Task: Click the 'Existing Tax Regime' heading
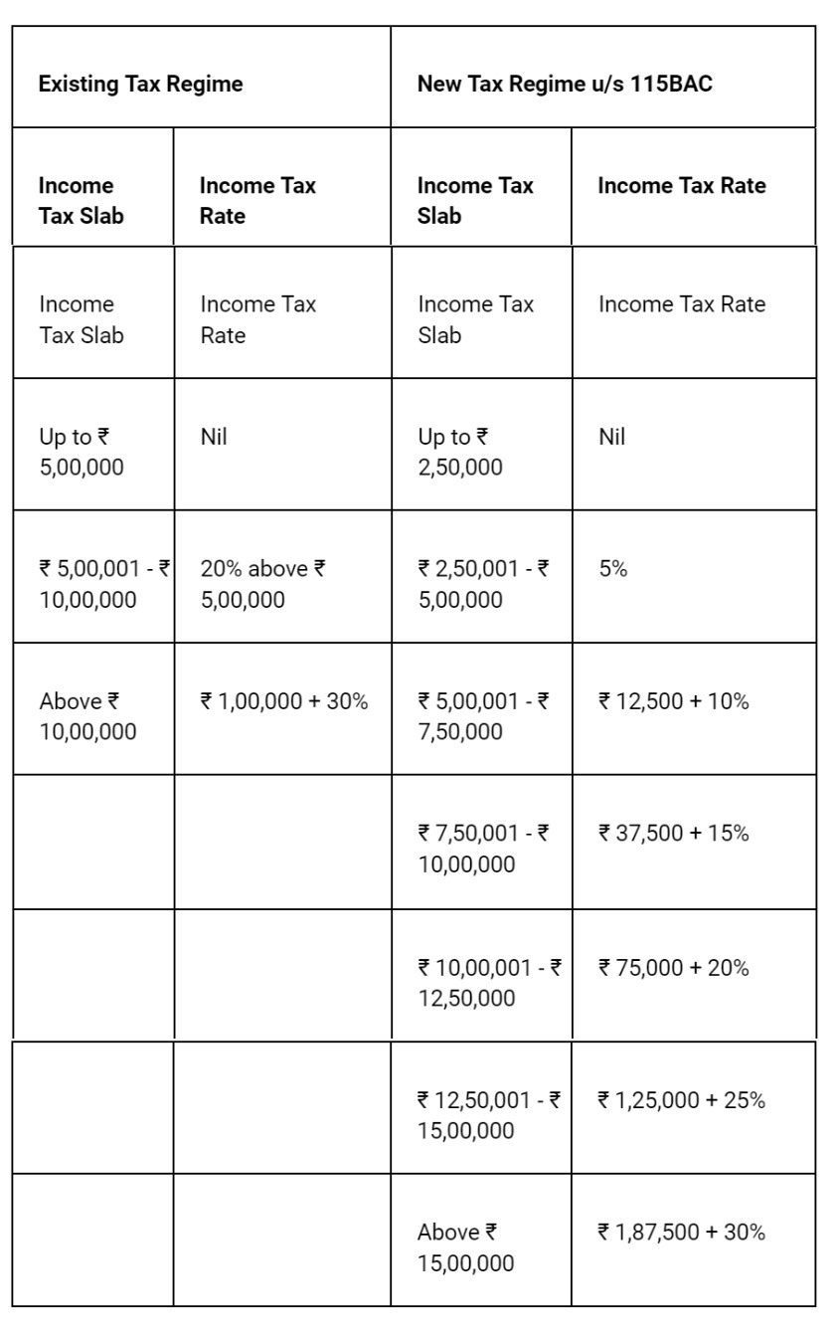pyautogui.click(x=140, y=84)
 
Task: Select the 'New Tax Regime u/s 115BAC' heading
pyautogui.click(x=564, y=84)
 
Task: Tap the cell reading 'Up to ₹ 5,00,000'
pyautogui.click(x=82, y=452)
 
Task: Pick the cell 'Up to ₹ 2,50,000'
pyautogui.click(x=460, y=452)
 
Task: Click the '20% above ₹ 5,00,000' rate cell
pyautogui.click(x=262, y=584)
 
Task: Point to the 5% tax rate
pyautogui.click(x=612, y=569)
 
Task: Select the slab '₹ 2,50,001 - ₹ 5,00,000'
pyautogui.click(x=483, y=584)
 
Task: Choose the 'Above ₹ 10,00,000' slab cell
pyautogui.click(x=87, y=716)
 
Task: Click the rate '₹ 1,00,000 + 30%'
pyautogui.click(x=283, y=701)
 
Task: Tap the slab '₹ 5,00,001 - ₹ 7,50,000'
pyautogui.click(x=483, y=716)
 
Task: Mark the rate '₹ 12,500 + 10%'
pyautogui.click(x=673, y=701)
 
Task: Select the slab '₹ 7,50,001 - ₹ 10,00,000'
pyautogui.click(x=483, y=849)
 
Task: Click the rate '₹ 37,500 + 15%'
pyautogui.click(x=673, y=834)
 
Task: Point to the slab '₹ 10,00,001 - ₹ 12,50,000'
pyautogui.click(x=489, y=982)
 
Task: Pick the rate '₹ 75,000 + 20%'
pyautogui.click(x=673, y=967)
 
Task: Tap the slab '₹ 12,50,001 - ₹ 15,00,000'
pyautogui.click(x=489, y=1115)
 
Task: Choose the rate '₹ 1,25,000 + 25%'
pyautogui.click(x=681, y=1100)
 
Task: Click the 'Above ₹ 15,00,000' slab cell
pyautogui.click(x=465, y=1247)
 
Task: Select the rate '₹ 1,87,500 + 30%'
pyautogui.click(x=681, y=1233)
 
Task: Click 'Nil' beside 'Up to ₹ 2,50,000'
pyautogui.click(x=612, y=437)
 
